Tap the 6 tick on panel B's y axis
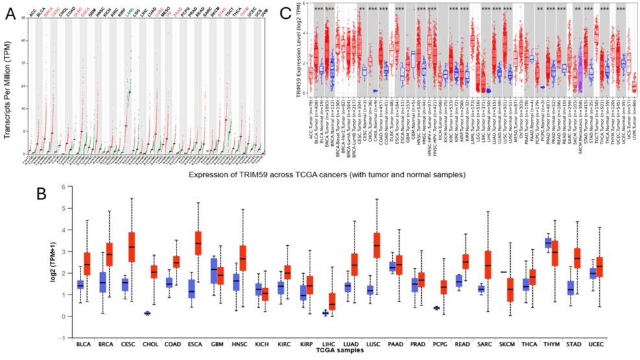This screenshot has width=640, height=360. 63,187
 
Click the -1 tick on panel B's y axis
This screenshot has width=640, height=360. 62,338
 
